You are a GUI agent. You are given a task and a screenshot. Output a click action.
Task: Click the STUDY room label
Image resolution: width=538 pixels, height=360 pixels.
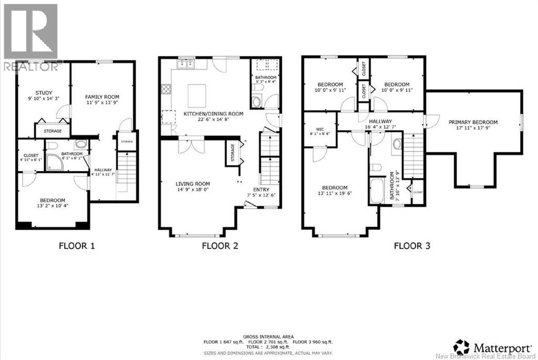(37, 92)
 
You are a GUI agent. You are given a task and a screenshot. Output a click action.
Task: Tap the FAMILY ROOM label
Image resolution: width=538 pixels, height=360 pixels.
(102, 97)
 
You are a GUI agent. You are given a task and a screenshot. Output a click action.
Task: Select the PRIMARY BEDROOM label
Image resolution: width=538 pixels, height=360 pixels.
(473, 122)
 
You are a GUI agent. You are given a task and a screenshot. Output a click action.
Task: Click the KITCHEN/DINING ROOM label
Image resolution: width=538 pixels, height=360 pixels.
(213, 114)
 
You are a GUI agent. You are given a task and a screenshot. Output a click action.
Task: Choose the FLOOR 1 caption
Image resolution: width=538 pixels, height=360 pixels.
(77, 245)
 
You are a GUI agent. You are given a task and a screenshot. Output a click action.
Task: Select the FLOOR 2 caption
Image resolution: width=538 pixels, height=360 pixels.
(220, 245)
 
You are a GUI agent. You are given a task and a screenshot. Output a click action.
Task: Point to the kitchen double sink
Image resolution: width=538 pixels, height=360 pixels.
(185, 64)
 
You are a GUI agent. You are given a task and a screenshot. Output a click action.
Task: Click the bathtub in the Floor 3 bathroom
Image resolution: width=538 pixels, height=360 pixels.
(377, 192)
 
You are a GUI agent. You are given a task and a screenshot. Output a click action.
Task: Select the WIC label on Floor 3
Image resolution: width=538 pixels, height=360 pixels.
(319, 128)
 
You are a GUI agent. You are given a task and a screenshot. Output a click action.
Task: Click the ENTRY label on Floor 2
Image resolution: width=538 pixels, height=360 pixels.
(261, 190)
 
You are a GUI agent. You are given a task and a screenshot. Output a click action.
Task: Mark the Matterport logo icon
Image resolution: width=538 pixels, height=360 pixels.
(462, 346)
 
